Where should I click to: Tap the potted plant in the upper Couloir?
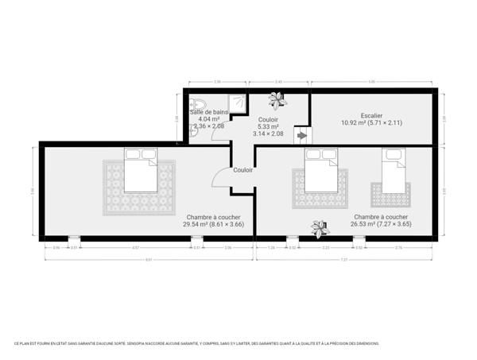[277, 99]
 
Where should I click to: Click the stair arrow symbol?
[302, 136]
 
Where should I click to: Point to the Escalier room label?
[371, 115]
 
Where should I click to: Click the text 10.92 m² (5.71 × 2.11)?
[371, 122]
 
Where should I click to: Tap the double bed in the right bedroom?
[322, 174]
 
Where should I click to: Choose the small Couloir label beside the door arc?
[243, 170]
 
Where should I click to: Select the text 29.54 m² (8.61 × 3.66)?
[214, 224]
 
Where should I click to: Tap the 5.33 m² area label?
[268, 126]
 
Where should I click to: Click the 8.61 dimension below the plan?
[148, 259]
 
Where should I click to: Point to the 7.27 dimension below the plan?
[344, 259]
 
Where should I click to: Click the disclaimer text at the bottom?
[196, 343]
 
